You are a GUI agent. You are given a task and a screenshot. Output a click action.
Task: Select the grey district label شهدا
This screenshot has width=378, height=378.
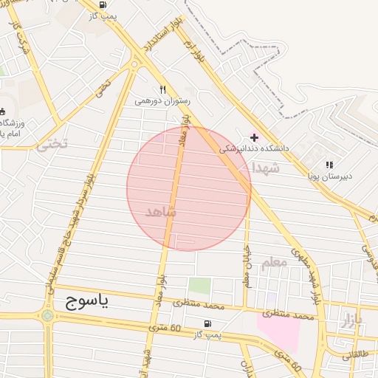coord(266,168)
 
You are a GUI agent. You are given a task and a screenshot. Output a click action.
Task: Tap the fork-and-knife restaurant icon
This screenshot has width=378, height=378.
coord(162,89)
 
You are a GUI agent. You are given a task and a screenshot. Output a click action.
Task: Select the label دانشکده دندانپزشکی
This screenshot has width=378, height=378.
coord(252,148)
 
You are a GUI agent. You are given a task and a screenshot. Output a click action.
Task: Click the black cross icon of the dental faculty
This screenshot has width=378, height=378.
coord(255,137)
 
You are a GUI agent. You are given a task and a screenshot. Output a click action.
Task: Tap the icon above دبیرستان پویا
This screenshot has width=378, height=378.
coord(329,165)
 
